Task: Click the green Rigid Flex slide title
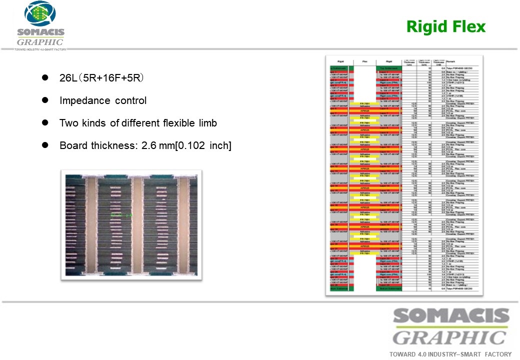[445, 26]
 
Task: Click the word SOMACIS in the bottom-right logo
[451, 317]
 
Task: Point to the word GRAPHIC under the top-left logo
[40, 42]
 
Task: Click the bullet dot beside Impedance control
[44, 100]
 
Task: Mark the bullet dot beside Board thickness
[44, 145]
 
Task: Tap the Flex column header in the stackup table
[364, 62]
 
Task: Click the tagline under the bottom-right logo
[450, 354]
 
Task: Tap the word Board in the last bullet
[72, 145]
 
